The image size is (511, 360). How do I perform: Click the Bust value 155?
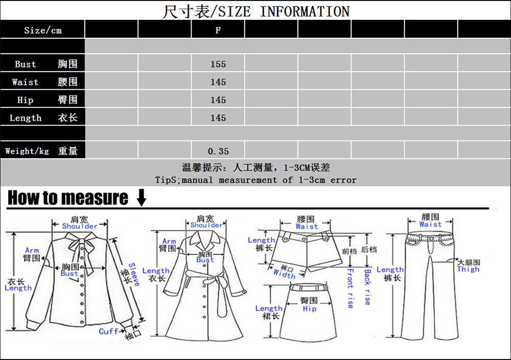pos(218,64)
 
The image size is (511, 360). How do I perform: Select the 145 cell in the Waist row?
pos(218,82)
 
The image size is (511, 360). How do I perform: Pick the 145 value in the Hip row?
pos(218,100)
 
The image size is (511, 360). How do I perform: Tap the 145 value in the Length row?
pos(218,118)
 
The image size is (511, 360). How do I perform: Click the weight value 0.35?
pos(218,151)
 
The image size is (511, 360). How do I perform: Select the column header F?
pos(218,30)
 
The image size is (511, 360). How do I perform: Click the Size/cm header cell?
pos(42,30)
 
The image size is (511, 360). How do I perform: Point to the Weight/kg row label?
pos(27,151)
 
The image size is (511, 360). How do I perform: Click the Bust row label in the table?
pos(26,64)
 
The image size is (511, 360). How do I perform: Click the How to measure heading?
pos(67,198)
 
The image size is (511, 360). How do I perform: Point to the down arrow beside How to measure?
pos(141,198)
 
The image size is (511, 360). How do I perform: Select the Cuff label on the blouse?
pos(108,331)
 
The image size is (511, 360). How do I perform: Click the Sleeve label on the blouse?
pos(133,275)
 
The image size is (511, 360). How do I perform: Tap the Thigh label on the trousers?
pos(468,269)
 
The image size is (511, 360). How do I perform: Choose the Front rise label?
pos(350,288)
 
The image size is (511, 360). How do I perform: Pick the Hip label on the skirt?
pos(309,308)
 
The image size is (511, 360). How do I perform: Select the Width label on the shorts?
pos(284,274)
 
